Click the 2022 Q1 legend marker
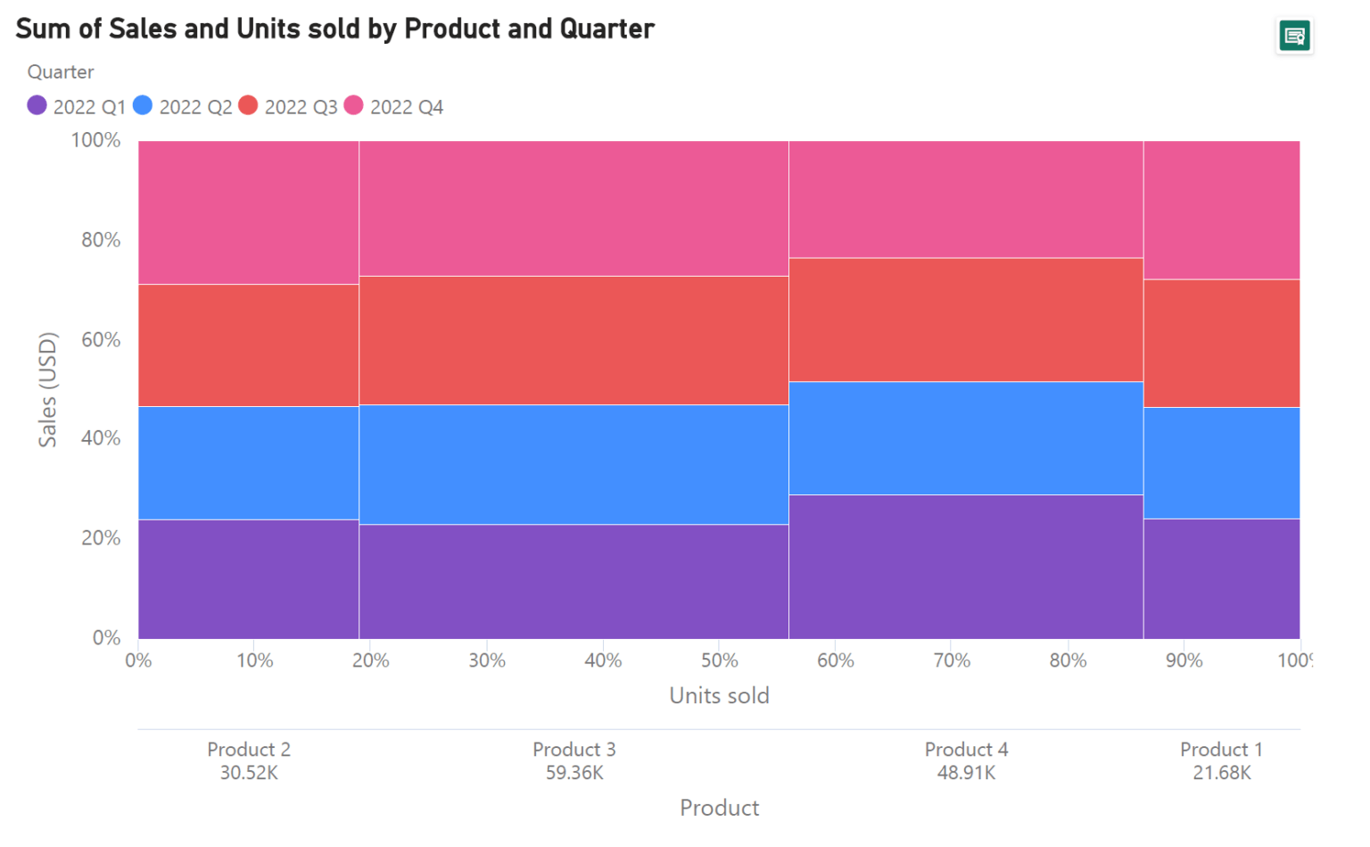37,106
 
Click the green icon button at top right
1293,37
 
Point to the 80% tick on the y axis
101,240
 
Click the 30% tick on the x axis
487,660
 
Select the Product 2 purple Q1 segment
249,578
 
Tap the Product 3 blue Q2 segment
574,464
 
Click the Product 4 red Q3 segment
966,320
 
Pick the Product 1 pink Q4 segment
1221,210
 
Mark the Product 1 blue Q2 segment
1221,462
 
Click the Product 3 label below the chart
574,750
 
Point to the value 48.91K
966,773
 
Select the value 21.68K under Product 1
1221,773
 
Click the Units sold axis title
719,696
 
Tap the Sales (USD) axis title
47,389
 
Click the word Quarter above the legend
61,72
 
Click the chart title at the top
335,29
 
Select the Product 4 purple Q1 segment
966,567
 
